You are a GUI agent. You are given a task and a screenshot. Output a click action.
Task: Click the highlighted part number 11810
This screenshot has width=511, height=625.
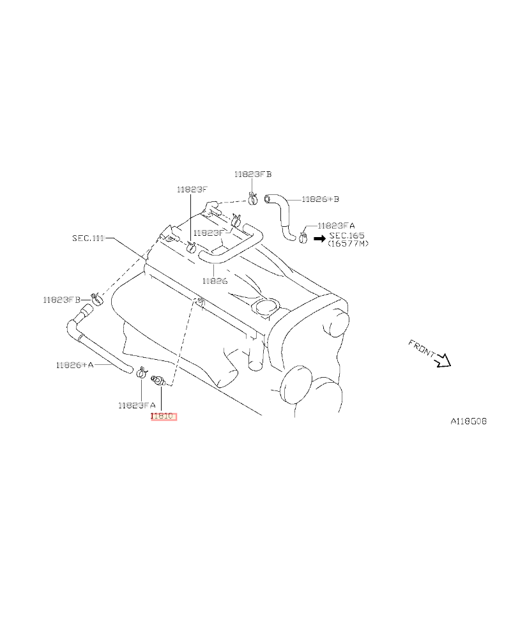click(x=162, y=417)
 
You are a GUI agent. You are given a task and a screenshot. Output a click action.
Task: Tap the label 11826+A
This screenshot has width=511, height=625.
click(x=74, y=365)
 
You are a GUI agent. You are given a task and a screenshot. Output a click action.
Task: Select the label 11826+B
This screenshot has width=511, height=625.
click(x=320, y=199)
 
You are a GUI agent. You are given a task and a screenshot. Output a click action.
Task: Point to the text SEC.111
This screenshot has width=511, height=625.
click(x=88, y=238)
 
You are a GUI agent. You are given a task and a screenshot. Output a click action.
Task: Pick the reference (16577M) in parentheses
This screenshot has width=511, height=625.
click(x=348, y=243)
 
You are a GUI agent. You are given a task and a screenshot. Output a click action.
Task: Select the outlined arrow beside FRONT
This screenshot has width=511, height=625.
click(x=443, y=362)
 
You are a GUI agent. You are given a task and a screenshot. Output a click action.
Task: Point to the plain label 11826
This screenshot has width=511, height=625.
click(x=215, y=280)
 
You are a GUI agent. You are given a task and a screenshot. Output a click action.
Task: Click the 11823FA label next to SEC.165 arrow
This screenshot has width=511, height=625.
click(x=336, y=226)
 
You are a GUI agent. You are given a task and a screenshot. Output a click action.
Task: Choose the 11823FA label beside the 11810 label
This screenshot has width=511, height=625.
click(x=136, y=405)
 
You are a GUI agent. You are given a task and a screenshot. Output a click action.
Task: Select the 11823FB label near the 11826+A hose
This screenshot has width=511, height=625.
click(x=62, y=299)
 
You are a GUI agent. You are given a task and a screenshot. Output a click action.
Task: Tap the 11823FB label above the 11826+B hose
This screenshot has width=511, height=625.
click(x=253, y=174)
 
